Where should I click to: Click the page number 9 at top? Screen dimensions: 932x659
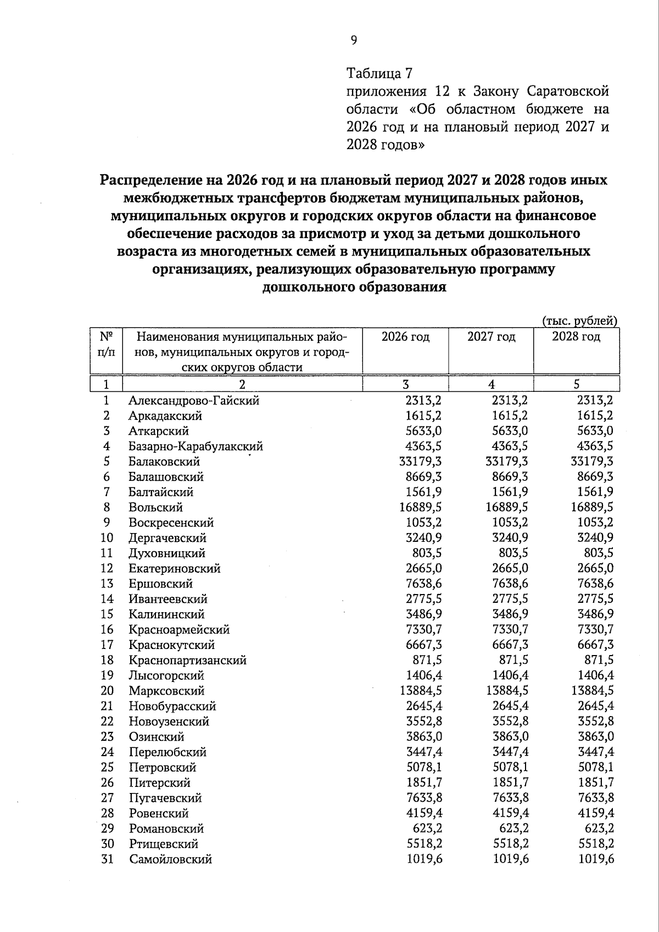(354, 40)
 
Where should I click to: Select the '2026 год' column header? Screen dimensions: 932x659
(405, 337)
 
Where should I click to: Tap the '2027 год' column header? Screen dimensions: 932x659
(491, 337)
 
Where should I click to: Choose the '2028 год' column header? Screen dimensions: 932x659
(576, 337)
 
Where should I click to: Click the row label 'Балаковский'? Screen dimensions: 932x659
(164, 462)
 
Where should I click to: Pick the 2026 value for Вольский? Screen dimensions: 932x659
(421, 507)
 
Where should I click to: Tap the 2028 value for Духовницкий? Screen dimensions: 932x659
(599, 553)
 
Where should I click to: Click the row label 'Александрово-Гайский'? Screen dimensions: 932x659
(194, 401)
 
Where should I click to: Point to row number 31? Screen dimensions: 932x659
(107, 859)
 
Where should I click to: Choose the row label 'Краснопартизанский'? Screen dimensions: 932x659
(188, 660)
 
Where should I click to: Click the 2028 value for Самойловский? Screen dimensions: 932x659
(596, 859)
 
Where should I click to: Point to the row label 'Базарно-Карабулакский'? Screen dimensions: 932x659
(196, 446)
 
